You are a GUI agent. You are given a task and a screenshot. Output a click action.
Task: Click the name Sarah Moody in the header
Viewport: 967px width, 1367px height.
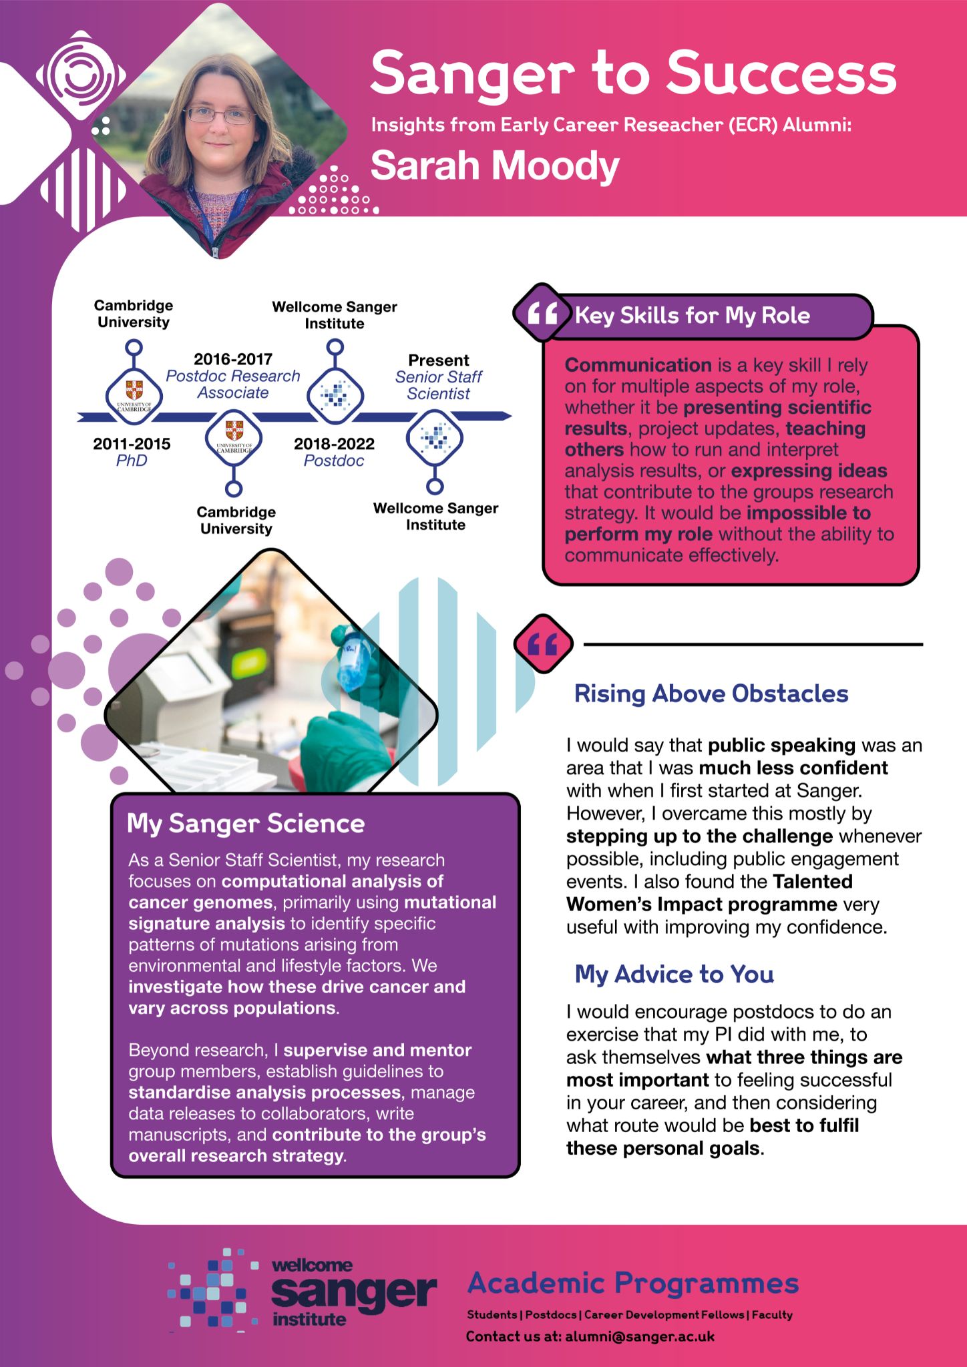pyautogui.click(x=495, y=166)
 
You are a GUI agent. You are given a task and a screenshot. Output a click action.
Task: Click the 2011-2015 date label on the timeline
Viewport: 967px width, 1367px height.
pyautogui.click(x=132, y=444)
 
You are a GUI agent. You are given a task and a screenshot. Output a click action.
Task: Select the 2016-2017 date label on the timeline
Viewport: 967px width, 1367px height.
pyautogui.click(x=233, y=359)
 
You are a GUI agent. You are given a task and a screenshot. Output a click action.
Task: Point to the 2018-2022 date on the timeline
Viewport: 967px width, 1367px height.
pyautogui.click(x=334, y=444)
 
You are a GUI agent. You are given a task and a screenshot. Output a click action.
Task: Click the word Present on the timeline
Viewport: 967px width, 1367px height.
pyautogui.click(x=438, y=360)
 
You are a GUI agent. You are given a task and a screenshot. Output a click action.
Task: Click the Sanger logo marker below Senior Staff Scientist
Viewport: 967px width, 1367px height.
pyautogui.click(x=435, y=439)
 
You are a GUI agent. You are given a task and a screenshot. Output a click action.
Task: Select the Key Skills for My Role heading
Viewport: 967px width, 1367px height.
pyautogui.click(x=693, y=315)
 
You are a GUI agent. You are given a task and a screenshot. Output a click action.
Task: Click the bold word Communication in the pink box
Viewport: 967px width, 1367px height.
pyautogui.click(x=638, y=365)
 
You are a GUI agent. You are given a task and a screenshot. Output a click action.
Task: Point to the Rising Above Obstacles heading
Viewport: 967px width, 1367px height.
pyautogui.click(x=711, y=694)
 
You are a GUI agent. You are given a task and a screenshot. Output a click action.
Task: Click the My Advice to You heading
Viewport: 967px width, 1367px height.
pyautogui.click(x=674, y=975)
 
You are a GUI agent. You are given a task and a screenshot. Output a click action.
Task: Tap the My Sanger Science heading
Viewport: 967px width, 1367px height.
pyautogui.click(x=246, y=824)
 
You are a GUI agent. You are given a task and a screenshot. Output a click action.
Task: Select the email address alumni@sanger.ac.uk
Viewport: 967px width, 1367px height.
pyautogui.click(x=640, y=1336)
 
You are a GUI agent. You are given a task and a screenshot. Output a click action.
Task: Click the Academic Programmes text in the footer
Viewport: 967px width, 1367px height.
pyautogui.click(x=633, y=1283)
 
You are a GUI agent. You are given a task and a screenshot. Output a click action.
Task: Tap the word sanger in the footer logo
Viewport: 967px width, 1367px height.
pyautogui.click(x=354, y=1293)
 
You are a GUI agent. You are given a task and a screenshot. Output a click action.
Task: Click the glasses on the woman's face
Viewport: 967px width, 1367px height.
pyautogui.click(x=219, y=115)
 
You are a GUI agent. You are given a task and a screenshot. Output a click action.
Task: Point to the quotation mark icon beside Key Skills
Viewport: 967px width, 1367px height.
pyautogui.click(x=542, y=313)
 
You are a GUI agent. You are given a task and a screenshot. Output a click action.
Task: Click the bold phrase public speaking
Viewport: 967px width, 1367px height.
pyautogui.click(x=781, y=745)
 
